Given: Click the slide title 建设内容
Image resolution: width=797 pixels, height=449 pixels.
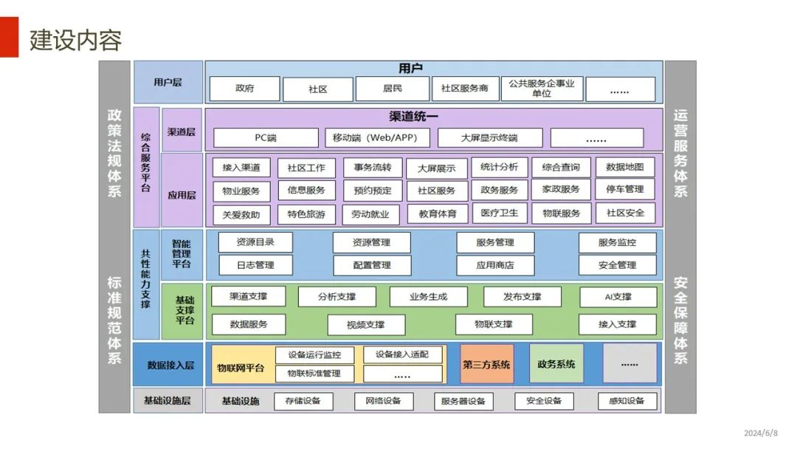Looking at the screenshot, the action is pyautogui.click(x=75, y=40).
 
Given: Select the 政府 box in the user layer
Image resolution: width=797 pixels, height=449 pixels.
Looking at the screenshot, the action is pyautogui.click(x=244, y=89).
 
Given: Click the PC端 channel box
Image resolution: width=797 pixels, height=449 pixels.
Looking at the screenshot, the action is pyautogui.click(x=265, y=138).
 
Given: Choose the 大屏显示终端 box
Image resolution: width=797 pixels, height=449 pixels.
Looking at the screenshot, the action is pyautogui.click(x=489, y=138).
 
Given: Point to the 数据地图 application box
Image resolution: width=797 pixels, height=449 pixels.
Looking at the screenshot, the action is pyautogui.click(x=624, y=168).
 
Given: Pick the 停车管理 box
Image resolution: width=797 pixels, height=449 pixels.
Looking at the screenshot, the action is pyautogui.click(x=624, y=190).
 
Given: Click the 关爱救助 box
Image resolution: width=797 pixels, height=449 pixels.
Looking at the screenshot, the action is pyautogui.click(x=241, y=215).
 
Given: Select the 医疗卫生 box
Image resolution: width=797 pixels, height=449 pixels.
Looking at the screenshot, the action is pyautogui.click(x=500, y=213).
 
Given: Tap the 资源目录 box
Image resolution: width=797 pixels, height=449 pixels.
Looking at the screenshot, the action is pyautogui.click(x=255, y=242).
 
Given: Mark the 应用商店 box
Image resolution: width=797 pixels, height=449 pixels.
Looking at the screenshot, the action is pyautogui.click(x=494, y=265).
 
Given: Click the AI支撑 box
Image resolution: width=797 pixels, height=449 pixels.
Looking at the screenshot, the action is pyautogui.click(x=618, y=297).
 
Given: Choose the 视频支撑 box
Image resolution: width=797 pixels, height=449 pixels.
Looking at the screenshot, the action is pyautogui.click(x=366, y=325).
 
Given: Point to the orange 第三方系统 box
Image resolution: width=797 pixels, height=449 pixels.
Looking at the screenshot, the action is pyautogui.click(x=486, y=364).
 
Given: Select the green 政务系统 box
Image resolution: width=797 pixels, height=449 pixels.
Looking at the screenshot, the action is pyautogui.click(x=556, y=364).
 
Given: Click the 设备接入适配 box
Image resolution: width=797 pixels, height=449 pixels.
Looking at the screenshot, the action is pyautogui.click(x=402, y=354).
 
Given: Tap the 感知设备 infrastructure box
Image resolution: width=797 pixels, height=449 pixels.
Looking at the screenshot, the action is pyautogui.click(x=627, y=401).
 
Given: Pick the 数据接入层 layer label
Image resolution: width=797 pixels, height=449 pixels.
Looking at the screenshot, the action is pyautogui.click(x=170, y=365).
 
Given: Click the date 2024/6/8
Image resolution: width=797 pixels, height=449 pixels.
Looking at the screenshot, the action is pyautogui.click(x=760, y=433).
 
